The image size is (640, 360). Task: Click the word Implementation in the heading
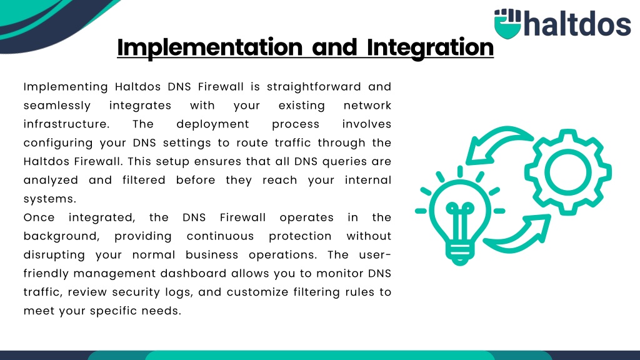click(210, 47)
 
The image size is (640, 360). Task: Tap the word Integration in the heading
click(430, 47)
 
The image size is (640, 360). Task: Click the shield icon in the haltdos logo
click(507, 24)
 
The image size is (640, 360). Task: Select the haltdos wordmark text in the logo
click(577, 23)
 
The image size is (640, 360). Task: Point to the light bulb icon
click(460, 216)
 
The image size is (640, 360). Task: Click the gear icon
click(567, 172)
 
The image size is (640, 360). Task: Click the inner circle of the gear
click(567, 172)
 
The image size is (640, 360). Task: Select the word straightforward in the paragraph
click(314, 87)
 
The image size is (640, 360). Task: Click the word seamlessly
click(57, 106)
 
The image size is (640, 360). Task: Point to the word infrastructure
click(66, 124)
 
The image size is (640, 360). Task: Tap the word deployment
click(212, 124)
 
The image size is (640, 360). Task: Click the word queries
click(344, 162)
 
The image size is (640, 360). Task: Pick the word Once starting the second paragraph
click(39, 217)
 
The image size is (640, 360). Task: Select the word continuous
click(221, 236)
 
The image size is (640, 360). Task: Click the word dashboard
click(193, 274)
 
